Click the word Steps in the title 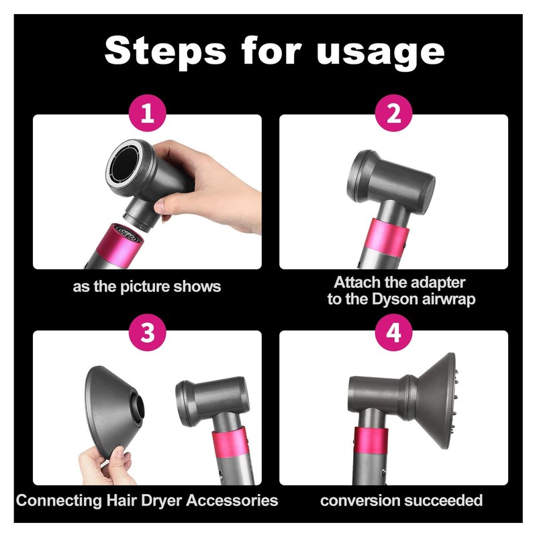164,52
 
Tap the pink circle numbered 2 393,113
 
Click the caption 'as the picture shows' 147,287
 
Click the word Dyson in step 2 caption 399,299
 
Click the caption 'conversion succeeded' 401,500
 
